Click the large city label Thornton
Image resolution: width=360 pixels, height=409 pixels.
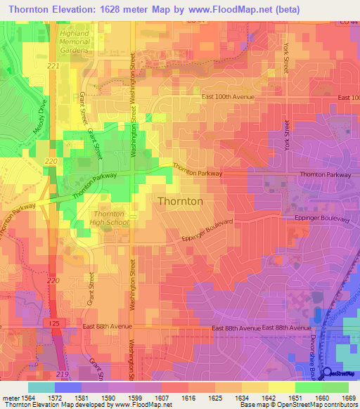click(181, 201)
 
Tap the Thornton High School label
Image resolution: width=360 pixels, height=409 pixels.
click(109, 218)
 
